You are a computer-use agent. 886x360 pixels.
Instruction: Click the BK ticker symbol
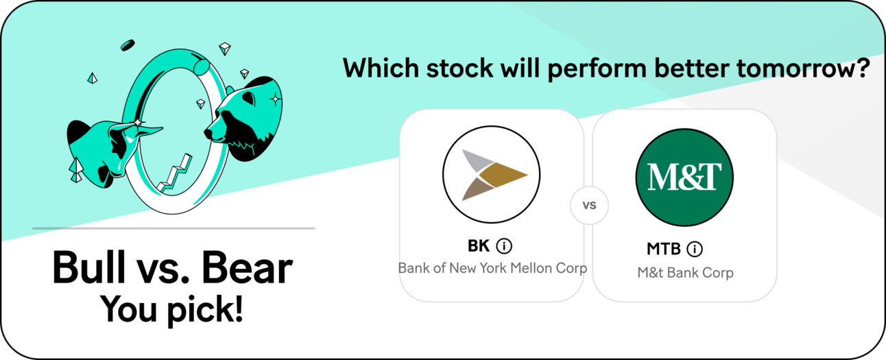pyautogui.click(x=479, y=246)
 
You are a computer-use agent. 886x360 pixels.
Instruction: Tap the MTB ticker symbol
pyautogui.click(x=663, y=249)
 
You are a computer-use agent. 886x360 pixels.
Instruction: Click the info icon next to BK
pyautogui.click(x=504, y=246)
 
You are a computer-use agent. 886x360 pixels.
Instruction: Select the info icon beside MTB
pyautogui.click(x=695, y=249)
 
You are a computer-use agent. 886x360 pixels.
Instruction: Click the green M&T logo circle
pyautogui.click(x=684, y=177)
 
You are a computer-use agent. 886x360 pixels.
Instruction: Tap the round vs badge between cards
pyautogui.click(x=589, y=205)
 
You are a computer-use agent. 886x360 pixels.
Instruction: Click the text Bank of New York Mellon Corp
pyautogui.click(x=492, y=268)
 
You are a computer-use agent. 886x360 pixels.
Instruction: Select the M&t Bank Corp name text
pyautogui.click(x=686, y=273)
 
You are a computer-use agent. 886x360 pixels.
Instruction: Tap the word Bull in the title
pyautogui.click(x=89, y=267)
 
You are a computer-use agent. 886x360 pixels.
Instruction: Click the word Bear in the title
pyautogui.click(x=247, y=267)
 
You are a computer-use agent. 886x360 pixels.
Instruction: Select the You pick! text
pyautogui.click(x=171, y=310)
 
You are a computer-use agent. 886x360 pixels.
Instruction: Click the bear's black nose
pyautogui.click(x=209, y=133)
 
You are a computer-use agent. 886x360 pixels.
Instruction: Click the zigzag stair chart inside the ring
pyautogui.click(x=175, y=174)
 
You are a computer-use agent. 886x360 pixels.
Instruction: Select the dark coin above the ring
pyautogui.click(x=128, y=45)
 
